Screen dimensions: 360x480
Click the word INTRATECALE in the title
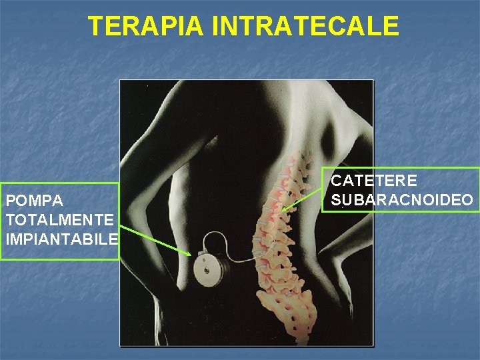pyautogui.click(x=305, y=27)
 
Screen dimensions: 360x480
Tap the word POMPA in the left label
pyautogui.click(x=34, y=201)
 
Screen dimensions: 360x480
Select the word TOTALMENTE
pyautogui.click(x=59, y=219)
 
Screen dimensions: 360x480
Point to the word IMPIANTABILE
pyautogui.click(x=61, y=238)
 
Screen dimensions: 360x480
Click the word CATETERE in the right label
pyautogui.click(x=374, y=181)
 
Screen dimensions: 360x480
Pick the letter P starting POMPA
pyautogui.click(x=9, y=201)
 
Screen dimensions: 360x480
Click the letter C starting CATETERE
pyautogui.click(x=336, y=181)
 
